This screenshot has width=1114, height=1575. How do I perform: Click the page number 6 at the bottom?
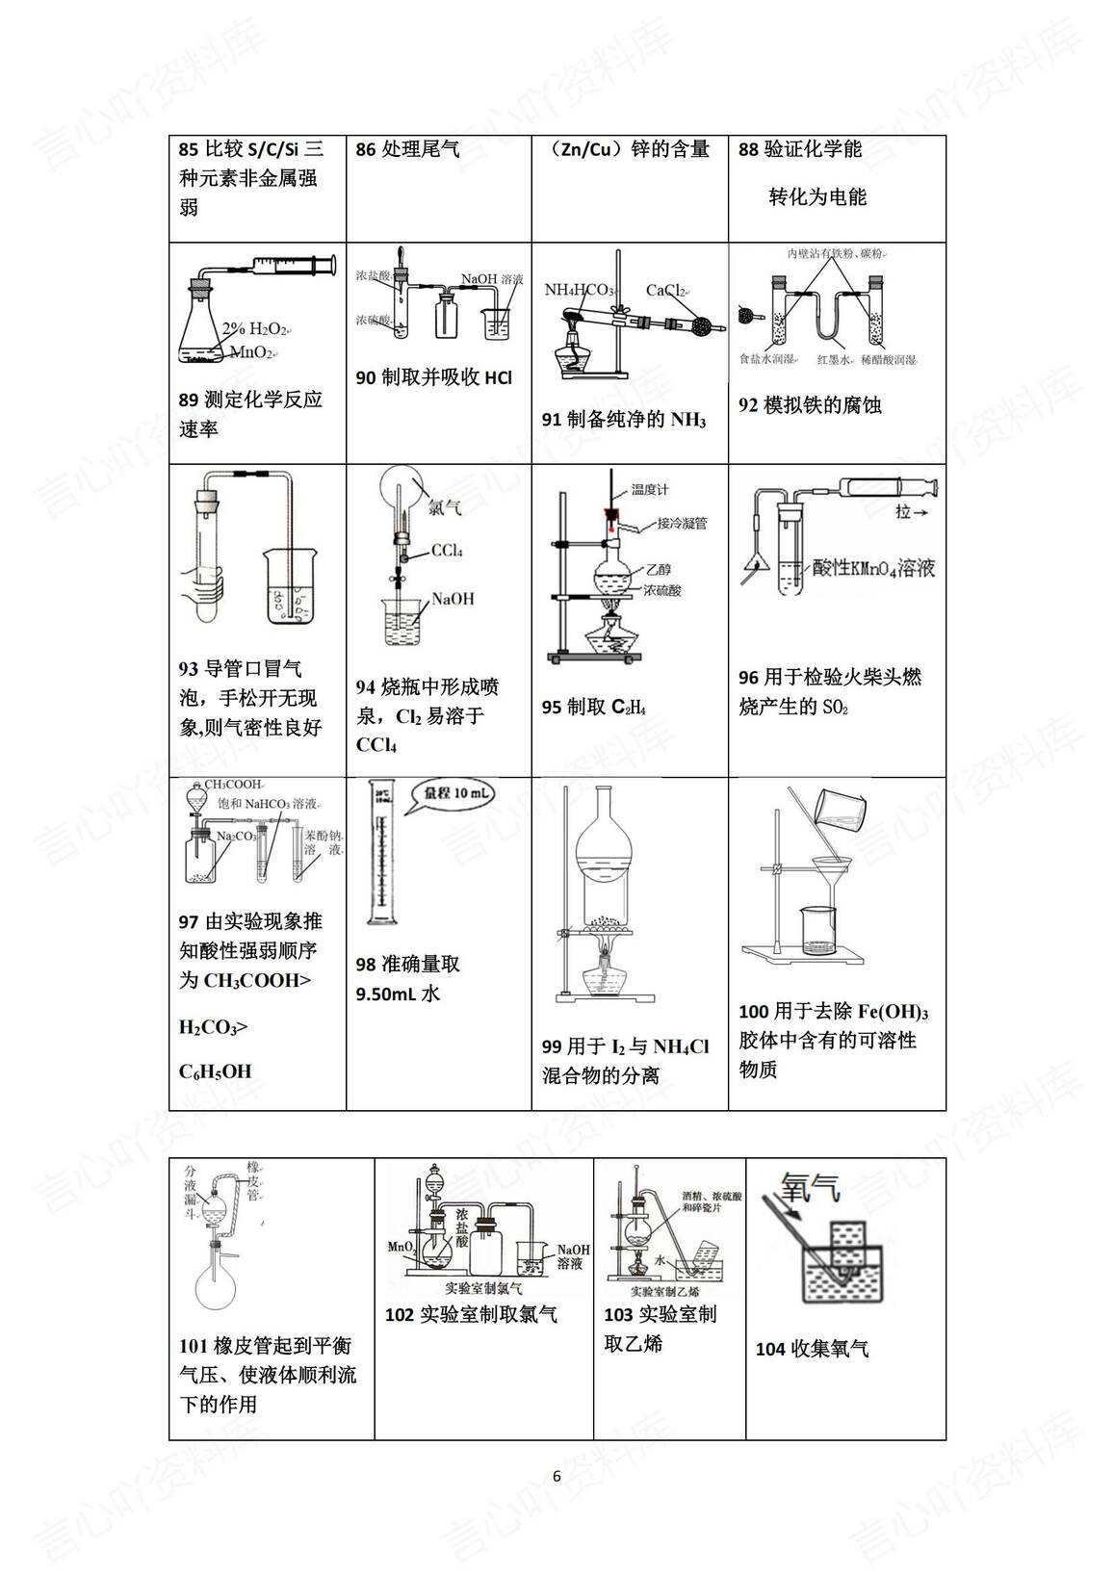coord(557,1477)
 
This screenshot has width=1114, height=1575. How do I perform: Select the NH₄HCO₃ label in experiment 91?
coord(579,290)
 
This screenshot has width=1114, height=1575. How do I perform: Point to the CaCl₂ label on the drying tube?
coord(665,290)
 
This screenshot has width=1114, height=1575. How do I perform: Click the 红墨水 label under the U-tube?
coord(834,359)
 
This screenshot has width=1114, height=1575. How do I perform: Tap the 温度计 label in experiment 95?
coord(650,489)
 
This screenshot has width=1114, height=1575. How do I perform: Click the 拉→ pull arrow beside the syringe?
coord(911,512)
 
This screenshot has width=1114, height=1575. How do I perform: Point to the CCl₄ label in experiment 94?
coord(447,551)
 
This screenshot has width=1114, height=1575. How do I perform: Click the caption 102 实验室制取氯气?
coord(471,1314)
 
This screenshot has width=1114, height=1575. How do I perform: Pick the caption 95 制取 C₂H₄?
coord(593,708)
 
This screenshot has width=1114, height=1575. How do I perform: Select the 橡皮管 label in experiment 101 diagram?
coord(253,1180)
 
